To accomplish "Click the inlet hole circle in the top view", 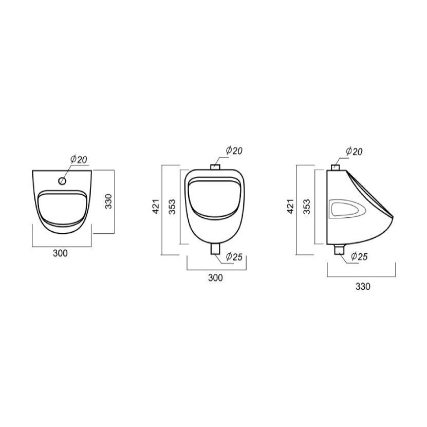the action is point(62,180).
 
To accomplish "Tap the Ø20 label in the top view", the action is point(79,159).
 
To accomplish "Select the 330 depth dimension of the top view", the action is point(108,201).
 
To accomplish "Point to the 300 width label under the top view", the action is point(60,253).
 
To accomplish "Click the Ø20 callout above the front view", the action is point(234,151).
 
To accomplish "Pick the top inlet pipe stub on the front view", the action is point(215,167).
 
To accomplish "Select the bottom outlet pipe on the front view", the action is point(215,249).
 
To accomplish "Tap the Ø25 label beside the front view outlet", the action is point(234,256).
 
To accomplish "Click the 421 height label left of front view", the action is point(156,207).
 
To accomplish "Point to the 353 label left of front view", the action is point(172,207).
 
